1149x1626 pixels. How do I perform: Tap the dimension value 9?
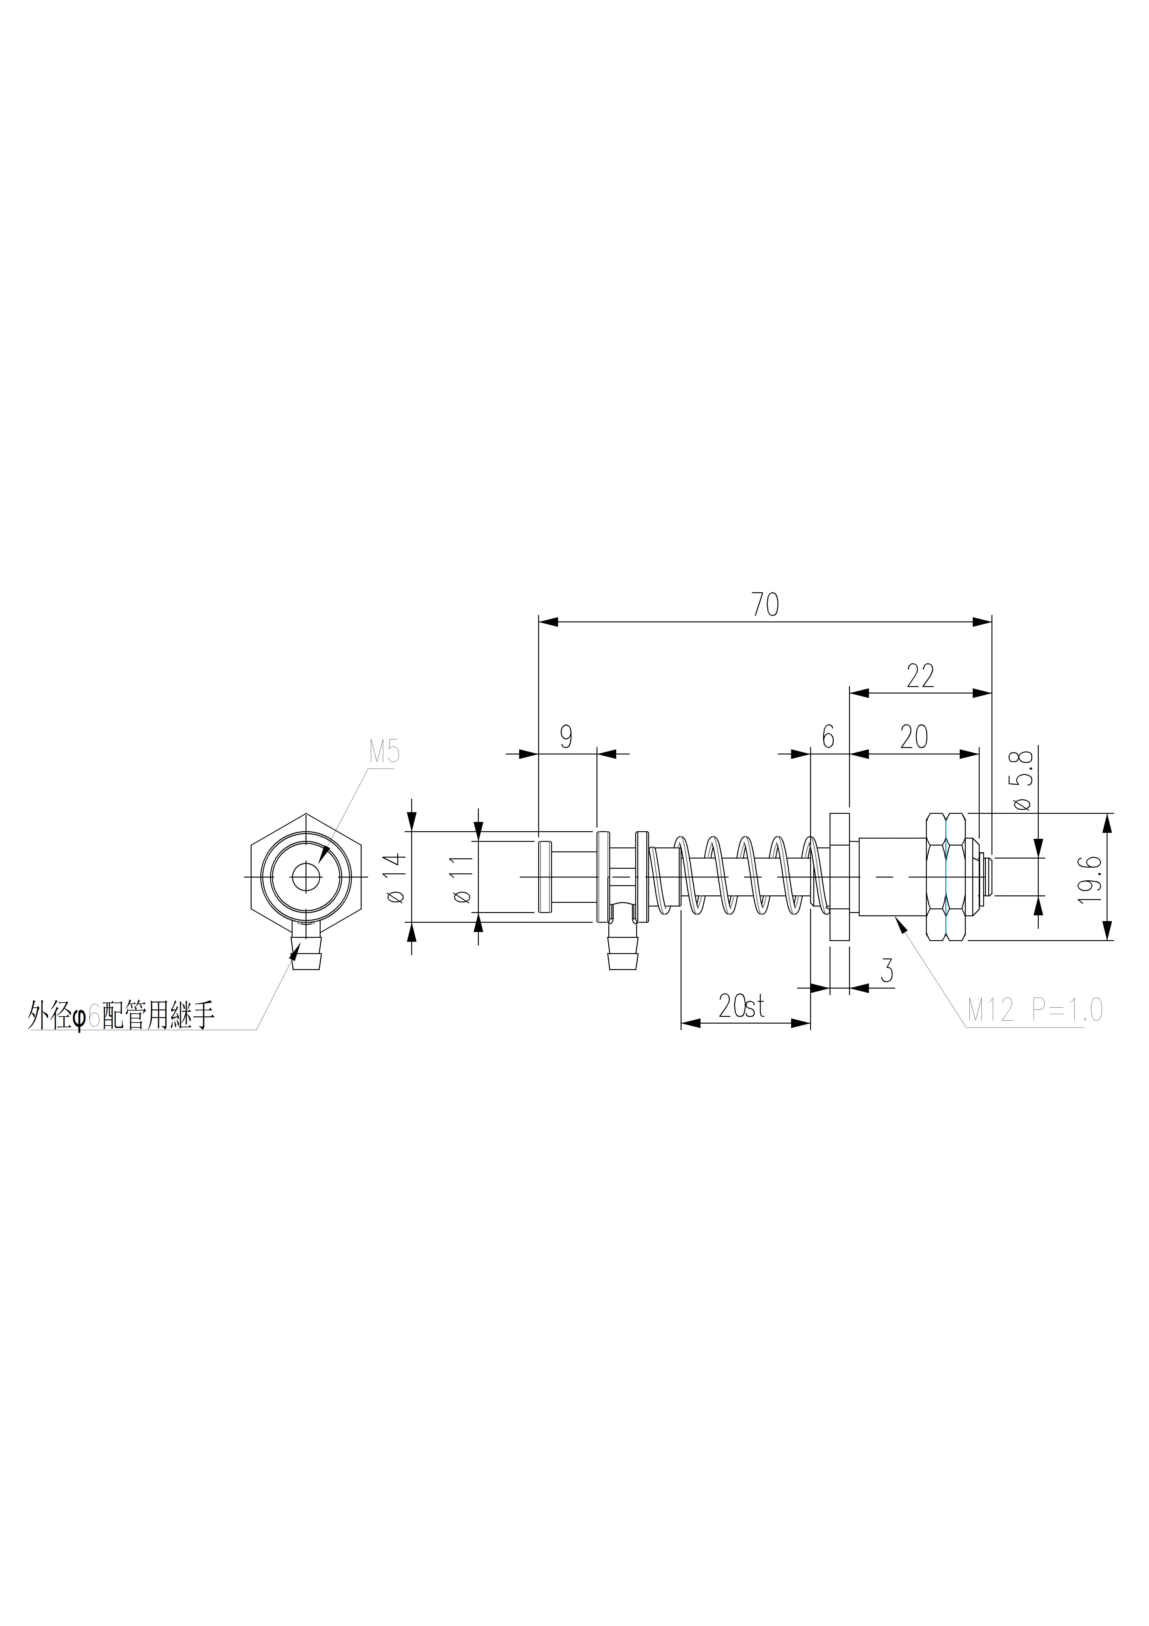[x=566, y=737]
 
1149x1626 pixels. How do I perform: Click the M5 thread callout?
[x=384, y=752]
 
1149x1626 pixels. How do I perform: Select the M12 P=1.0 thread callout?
[x=1034, y=1011]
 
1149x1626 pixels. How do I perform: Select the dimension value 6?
[x=828, y=737]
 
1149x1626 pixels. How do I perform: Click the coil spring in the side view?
[x=740, y=876]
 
